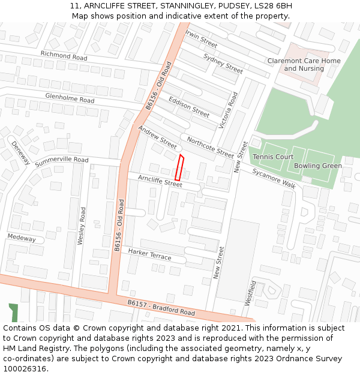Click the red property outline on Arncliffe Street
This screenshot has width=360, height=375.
click(179, 167)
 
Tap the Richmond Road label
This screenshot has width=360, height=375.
click(64, 55)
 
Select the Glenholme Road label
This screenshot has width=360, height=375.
click(70, 97)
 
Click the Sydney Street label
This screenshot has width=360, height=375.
click(223, 64)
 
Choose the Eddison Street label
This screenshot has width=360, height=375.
click(189, 107)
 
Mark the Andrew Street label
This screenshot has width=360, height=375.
click(158, 137)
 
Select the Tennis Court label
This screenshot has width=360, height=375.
click(273, 157)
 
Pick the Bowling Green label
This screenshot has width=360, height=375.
click(318, 166)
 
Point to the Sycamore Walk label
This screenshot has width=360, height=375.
click(274, 178)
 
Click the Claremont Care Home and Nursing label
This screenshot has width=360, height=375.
click(304, 65)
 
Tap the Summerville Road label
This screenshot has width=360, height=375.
click(61, 161)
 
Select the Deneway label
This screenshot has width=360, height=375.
click(20, 154)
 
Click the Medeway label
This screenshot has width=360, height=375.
click(22, 238)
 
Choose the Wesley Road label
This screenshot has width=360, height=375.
click(82, 226)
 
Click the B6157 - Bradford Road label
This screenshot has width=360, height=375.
click(161, 308)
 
